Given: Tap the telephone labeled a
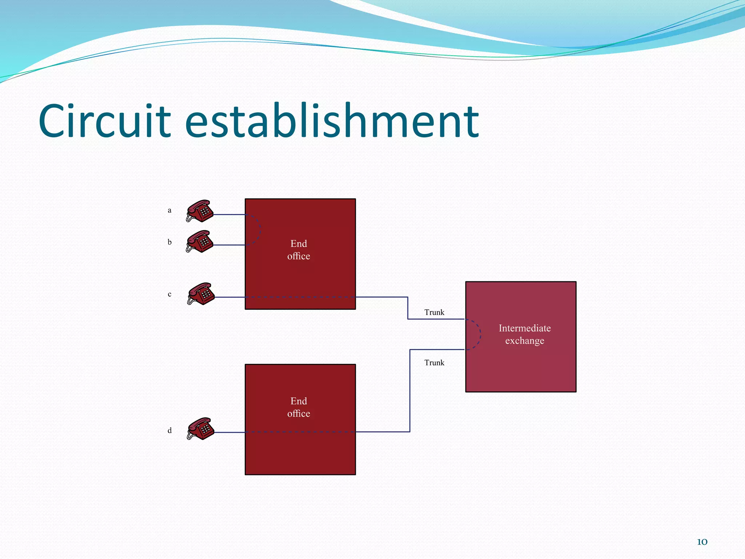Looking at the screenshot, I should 200,211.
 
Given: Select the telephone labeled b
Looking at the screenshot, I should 200,241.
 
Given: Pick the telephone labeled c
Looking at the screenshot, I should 201,294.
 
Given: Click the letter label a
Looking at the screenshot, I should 170,210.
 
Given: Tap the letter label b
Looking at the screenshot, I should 170,242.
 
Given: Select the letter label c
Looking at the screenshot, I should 170,294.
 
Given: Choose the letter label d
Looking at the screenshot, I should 170,431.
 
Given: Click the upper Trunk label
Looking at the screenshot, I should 434,312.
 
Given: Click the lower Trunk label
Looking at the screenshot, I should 434,362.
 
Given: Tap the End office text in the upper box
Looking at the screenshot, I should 299,250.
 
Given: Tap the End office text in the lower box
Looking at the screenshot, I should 299,407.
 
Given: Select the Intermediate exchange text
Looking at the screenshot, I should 525,334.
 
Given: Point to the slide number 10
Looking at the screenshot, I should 702,542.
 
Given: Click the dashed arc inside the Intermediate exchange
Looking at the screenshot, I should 480,334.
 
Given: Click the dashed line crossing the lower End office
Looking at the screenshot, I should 300,432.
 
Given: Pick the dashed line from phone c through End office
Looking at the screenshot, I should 300,297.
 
